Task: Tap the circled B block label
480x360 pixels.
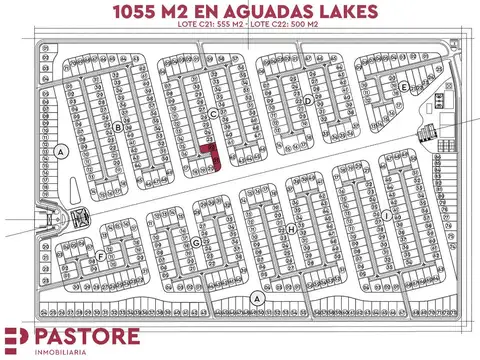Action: click(x=118, y=127)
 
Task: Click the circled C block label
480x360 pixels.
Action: click(x=213, y=113)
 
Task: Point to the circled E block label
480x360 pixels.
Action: click(x=403, y=87)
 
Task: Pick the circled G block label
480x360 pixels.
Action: click(x=197, y=242)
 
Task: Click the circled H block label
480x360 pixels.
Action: click(x=291, y=229)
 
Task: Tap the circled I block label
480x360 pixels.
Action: click(x=385, y=215)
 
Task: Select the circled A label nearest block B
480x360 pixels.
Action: click(x=61, y=152)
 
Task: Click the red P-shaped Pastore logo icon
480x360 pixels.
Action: click(x=17, y=340)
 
